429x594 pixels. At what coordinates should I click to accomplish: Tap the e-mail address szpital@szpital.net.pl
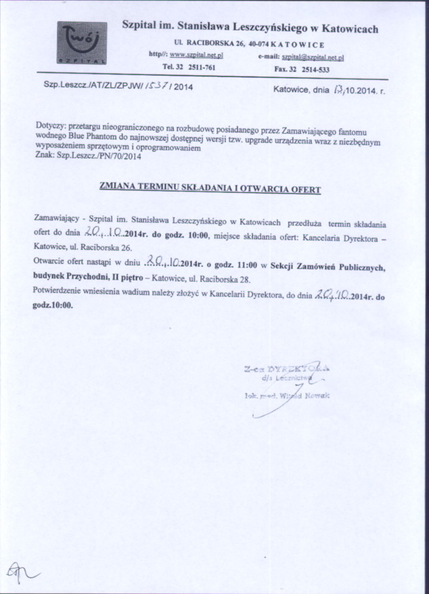point(313,58)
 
